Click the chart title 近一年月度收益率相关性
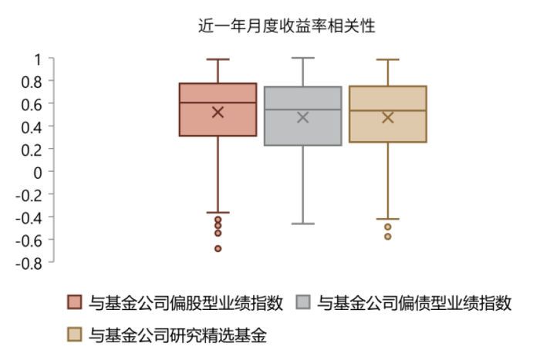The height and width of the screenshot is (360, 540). point(286,25)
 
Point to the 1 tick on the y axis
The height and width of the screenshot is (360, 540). point(36,59)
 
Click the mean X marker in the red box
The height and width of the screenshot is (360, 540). point(218,112)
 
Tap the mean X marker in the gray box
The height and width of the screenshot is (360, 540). point(302,117)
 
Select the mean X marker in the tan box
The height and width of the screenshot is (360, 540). point(387,117)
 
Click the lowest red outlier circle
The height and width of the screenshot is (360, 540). point(218,248)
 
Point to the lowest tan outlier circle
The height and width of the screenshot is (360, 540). point(387,237)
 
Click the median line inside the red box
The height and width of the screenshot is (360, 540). point(218,103)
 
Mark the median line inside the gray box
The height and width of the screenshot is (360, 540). point(302,109)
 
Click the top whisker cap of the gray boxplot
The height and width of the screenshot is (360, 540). point(302,58)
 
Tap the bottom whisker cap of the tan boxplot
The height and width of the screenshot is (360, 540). point(387,219)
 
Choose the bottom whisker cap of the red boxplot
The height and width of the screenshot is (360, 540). point(218,212)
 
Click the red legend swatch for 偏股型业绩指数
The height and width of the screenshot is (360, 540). point(74,303)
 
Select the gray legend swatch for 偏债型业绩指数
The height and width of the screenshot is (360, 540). point(304,303)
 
